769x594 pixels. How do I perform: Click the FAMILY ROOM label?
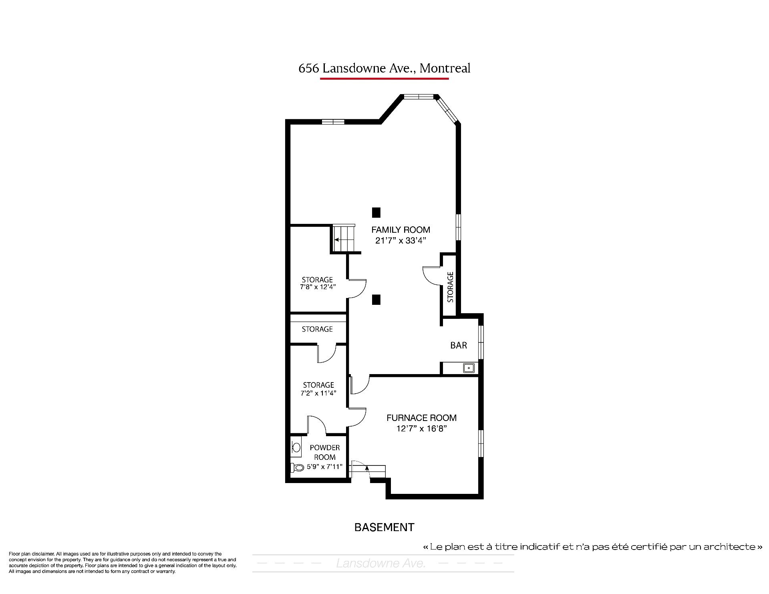coord(401,230)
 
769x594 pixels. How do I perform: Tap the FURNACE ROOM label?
coord(421,418)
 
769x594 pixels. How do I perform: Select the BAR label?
coord(459,345)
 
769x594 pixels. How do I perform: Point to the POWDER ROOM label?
coord(325,452)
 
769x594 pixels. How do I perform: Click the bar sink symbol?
coord(469,368)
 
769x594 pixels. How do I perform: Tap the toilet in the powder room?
coord(296,467)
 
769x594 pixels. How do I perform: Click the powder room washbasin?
coord(296,447)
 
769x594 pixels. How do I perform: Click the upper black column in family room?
coord(376,212)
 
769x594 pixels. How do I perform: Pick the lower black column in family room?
coord(376,300)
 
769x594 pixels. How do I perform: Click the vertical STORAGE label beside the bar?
coord(450,287)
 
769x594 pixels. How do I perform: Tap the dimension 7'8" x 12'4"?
coord(318,287)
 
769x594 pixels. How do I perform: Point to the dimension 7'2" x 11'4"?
coord(318,393)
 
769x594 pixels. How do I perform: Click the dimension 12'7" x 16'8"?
coord(421,429)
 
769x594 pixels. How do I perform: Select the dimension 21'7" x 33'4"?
coord(401,241)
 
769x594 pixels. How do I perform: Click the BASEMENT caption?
coord(384,528)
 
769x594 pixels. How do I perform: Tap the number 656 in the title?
coord(309,68)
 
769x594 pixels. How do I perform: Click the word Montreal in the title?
coord(445,68)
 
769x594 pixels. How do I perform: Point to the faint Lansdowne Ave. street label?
coord(381,564)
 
